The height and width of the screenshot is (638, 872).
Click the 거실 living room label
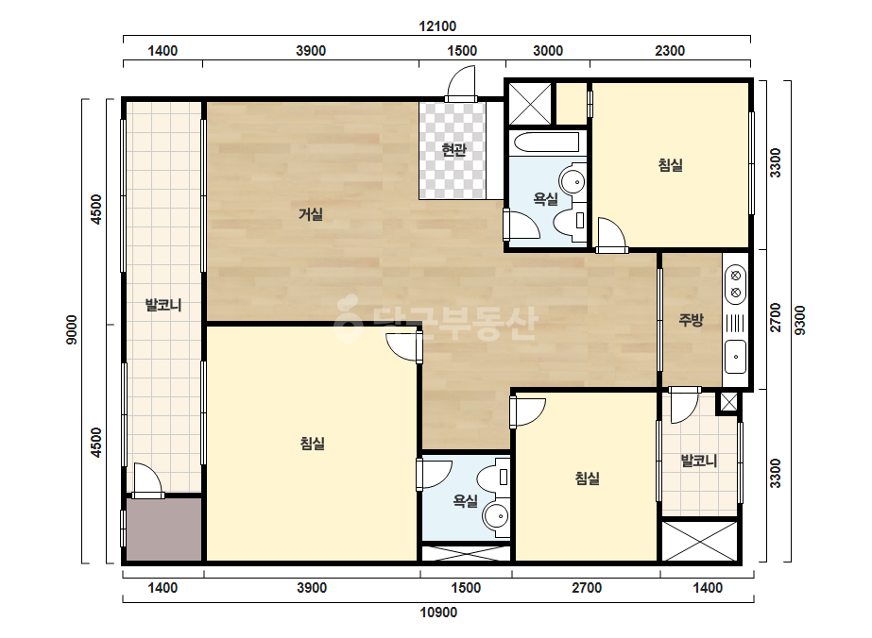[311, 214]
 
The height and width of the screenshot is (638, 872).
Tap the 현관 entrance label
[453, 149]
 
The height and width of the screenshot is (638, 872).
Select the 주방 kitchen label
[691, 319]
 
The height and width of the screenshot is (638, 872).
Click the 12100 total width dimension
[437, 26]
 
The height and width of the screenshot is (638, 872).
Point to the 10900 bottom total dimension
[438, 613]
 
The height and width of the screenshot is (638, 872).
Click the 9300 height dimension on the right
[799, 321]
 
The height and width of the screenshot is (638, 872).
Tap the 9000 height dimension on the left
[73, 329]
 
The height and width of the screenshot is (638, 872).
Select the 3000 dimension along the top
[548, 51]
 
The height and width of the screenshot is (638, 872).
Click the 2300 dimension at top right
[670, 51]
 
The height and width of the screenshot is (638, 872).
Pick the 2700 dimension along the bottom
[587, 588]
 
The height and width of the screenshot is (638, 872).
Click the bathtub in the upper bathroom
[548, 143]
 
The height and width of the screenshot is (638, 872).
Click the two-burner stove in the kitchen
[735, 284]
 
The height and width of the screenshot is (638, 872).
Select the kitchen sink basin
[735, 356]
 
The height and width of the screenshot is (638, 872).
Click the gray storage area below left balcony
[164, 529]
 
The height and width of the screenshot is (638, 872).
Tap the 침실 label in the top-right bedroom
[670, 165]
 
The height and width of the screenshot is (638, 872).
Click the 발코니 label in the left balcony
[162, 305]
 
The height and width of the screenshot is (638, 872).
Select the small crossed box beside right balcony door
[728, 402]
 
